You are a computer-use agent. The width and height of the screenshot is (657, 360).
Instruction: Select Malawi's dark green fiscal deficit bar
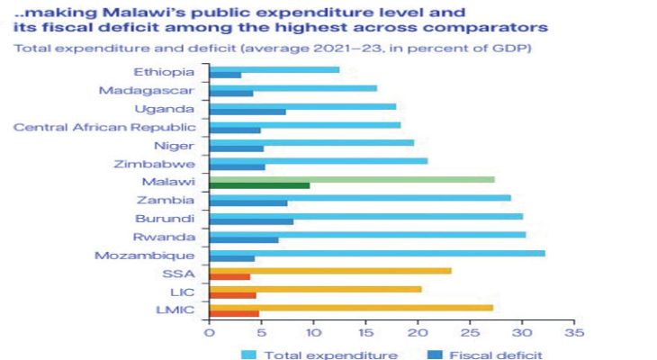[259, 185]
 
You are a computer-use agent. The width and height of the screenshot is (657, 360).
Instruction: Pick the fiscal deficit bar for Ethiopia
[225, 75]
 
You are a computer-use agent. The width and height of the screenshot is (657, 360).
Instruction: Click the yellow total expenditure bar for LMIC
[351, 307]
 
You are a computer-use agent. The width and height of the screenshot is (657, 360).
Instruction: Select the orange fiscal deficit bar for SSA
[229, 276]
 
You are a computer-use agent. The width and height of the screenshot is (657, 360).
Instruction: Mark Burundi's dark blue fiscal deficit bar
[251, 221]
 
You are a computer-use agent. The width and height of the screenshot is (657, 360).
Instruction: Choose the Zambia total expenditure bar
[359, 198]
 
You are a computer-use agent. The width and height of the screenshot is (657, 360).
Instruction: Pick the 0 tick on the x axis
[209, 332]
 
